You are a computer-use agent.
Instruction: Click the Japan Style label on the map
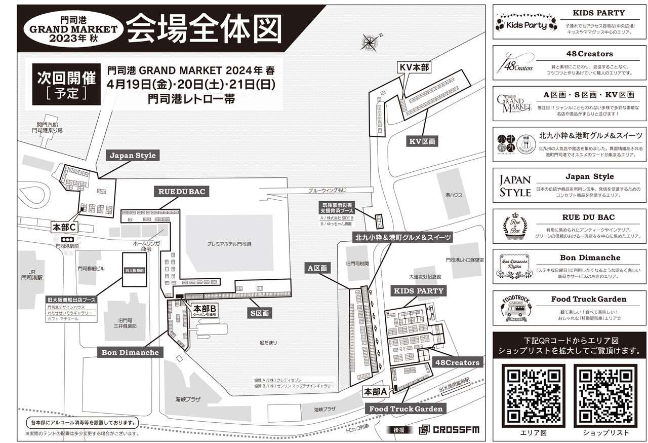[x=133, y=156]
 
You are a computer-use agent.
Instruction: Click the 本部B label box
[x=205, y=310]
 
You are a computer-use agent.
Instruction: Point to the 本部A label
[x=376, y=392]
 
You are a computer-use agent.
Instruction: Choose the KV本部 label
[x=414, y=67]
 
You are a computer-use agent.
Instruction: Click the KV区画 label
[x=422, y=142]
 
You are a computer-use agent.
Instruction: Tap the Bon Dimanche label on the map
[x=130, y=352]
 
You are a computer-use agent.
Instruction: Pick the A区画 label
[x=317, y=268]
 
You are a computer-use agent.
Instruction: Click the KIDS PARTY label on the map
[x=419, y=291]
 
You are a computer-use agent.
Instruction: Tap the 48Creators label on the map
[x=457, y=362]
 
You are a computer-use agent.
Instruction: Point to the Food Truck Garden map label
[x=406, y=409]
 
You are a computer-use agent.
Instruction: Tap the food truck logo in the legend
[x=515, y=308]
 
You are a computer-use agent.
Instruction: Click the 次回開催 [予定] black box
[x=66, y=84]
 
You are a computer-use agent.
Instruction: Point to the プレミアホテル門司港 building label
[x=229, y=244]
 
